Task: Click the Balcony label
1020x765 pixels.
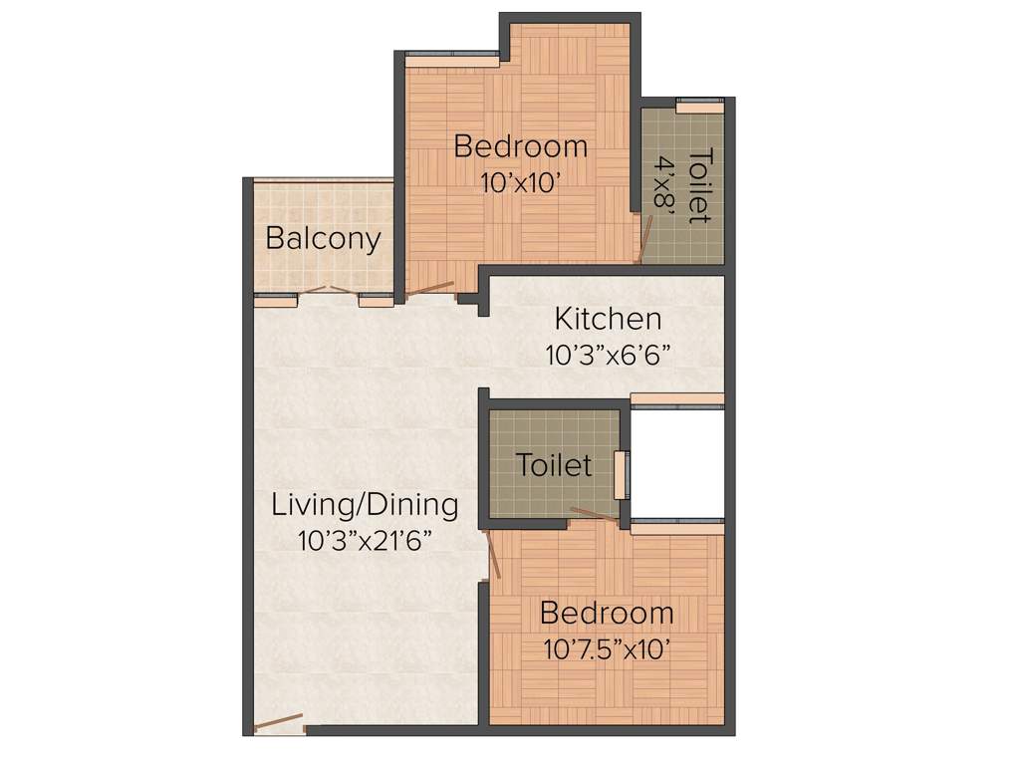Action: pos(323,239)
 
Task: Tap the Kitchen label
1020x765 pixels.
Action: pos(608,319)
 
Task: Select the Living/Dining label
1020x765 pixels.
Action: pos(366,505)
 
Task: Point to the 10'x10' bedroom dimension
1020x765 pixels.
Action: pos(521,182)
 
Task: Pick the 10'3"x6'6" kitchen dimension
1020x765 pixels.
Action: pos(608,355)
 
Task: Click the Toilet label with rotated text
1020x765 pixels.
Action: pos(700,185)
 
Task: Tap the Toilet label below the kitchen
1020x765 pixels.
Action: pos(553,465)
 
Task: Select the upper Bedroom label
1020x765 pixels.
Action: pos(520,146)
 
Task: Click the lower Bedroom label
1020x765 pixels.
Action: pos(606,612)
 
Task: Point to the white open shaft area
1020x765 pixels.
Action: pos(677,463)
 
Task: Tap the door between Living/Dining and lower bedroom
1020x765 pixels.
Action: pos(490,554)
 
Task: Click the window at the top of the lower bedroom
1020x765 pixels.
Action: pos(677,525)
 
